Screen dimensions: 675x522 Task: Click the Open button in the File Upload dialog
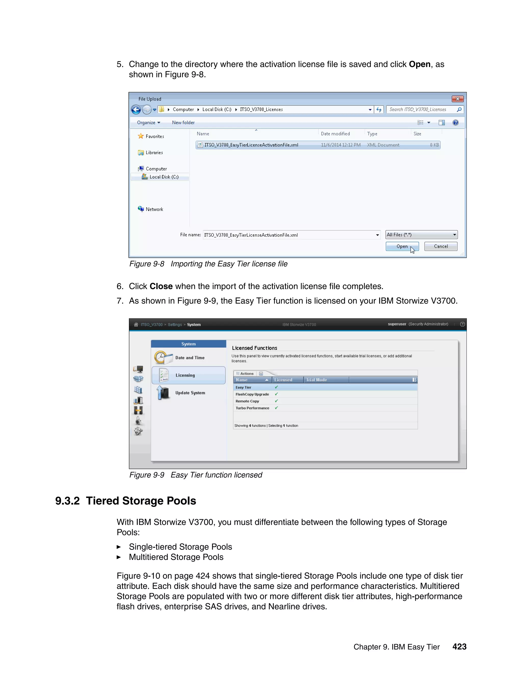click(x=402, y=246)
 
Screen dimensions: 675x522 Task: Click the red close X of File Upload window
click(x=457, y=99)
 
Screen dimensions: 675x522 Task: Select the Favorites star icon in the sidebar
click(x=141, y=136)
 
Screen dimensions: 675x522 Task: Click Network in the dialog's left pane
click(x=154, y=209)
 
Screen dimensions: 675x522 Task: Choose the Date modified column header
click(x=335, y=134)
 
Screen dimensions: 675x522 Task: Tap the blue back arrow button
click(x=136, y=110)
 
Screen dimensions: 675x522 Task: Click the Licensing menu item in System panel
click(x=185, y=375)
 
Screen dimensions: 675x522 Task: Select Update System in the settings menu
click(x=190, y=393)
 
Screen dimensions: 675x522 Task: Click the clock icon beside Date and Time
click(x=160, y=357)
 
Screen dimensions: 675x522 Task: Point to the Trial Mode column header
click(x=316, y=380)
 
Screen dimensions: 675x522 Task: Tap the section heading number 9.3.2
click(x=67, y=501)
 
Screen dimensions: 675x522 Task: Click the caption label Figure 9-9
click(x=147, y=475)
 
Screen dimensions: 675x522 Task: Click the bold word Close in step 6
click(x=161, y=287)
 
